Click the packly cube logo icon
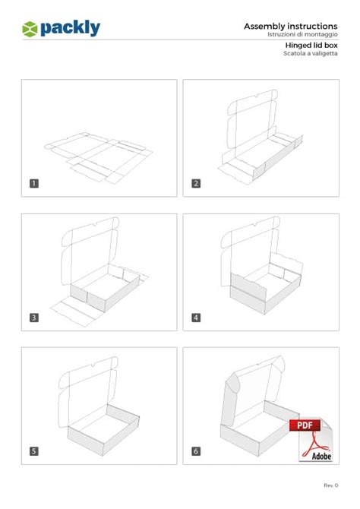pyautogui.click(x=30, y=29)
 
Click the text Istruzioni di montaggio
pyautogui.click(x=302, y=35)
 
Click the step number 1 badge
pyautogui.click(x=34, y=183)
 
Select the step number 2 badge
pyautogui.click(x=196, y=183)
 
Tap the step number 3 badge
pyautogui.click(x=34, y=318)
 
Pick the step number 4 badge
pyautogui.click(x=196, y=318)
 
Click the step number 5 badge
pyautogui.click(x=34, y=451)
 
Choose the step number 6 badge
pyautogui.click(x=196, y=451)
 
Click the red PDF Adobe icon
pyautogui.click(x=309, y=440)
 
